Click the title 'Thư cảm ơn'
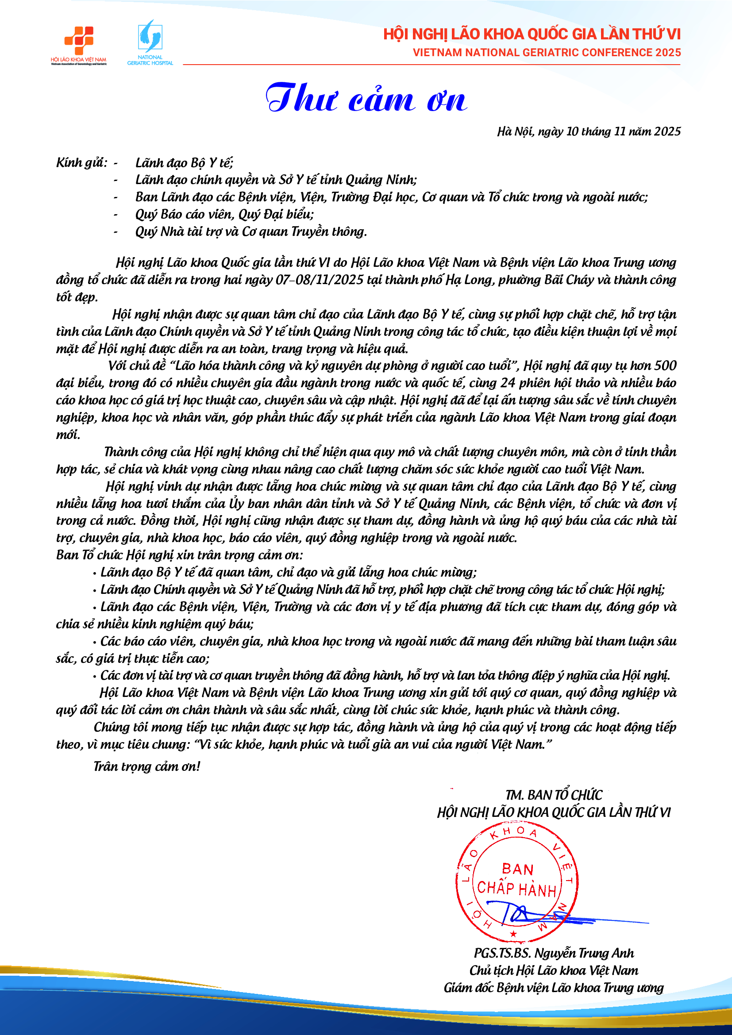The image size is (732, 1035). pyautogui.click(x=366, y=98)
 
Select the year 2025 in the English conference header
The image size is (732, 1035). pyautogui.click(x=668, y=53)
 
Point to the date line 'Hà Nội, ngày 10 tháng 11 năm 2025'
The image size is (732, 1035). pyautogui.click(x=589, y=131)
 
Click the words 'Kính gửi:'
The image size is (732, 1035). pyautogui.click(x=81, y=163)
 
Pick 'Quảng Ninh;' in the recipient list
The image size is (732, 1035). pyautogui.click(x=381, y=180)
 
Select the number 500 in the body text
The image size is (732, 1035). pyautogui.click(x=665, y=366)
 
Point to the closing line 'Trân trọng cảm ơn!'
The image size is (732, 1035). pyautogui.click(x=147, y=766)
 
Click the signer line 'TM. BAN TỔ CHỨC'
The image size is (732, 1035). pyautogui.click(x=554, y=795)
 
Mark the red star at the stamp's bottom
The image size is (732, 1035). pyautogui.click(x=513, y=934)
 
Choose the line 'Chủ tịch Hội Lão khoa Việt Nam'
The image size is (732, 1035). pyautogui.click(x=554, y=970)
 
